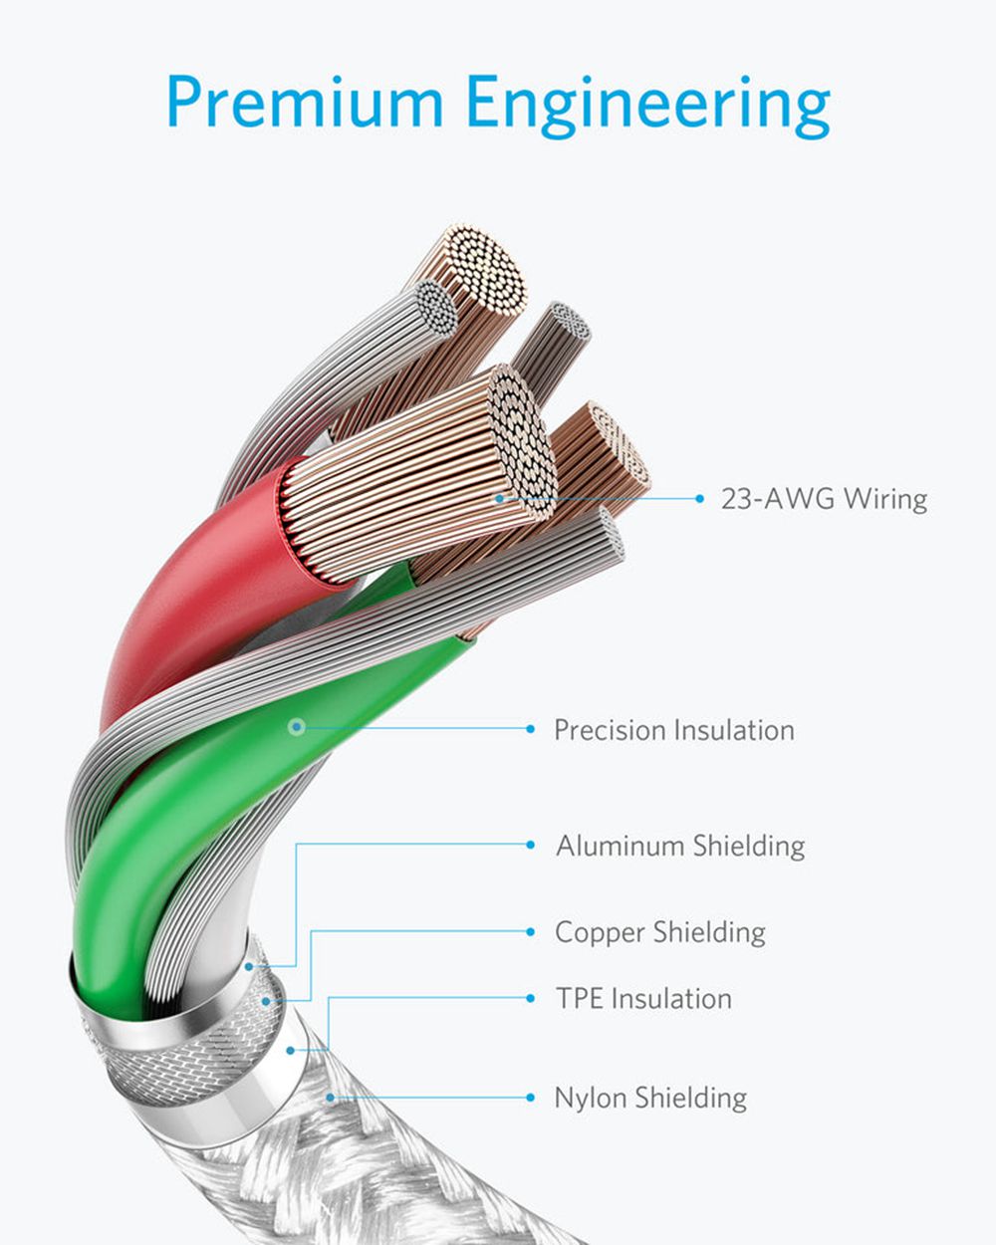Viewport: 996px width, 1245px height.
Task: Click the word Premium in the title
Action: pos(305,102)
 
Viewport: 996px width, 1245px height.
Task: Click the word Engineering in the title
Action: pos(648,107)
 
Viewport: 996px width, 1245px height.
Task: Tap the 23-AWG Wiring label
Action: pos(824,499)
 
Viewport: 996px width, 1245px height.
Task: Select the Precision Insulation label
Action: pos(674,729)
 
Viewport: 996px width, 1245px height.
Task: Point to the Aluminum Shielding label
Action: pos(680,846)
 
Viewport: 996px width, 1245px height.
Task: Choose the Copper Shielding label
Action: pos(660,932)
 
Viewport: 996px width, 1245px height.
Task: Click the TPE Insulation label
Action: pos(643,999)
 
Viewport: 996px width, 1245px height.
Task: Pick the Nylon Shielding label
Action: pos(651,1098)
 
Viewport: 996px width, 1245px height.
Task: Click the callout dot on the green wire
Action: pos(297,727)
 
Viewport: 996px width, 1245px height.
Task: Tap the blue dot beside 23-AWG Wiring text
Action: pos(699,498)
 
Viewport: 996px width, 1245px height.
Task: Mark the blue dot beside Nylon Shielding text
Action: pos(530,1098)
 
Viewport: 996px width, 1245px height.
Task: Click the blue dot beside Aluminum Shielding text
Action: pos(530,846)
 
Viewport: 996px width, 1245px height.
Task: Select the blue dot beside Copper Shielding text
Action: pos(530,932)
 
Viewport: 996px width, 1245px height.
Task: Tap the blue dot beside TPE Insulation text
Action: pos(530,998)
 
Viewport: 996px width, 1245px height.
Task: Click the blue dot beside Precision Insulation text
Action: pos(530,729)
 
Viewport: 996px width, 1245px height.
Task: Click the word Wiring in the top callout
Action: pos(884,499)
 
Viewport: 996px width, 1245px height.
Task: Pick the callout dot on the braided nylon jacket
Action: pos(330,1097)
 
